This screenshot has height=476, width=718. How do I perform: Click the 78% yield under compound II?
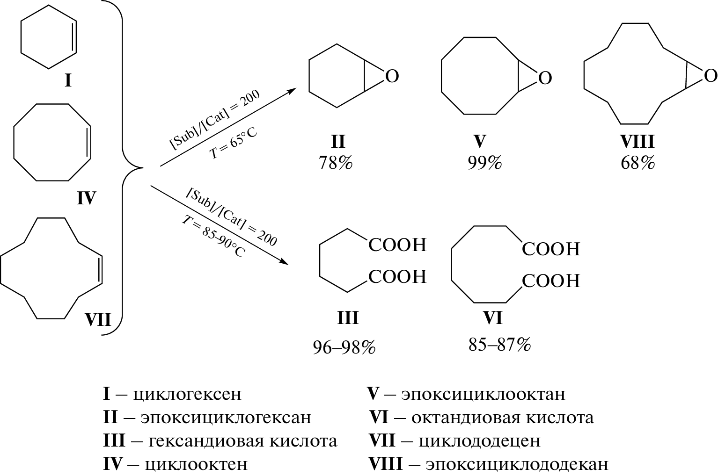(335, 163)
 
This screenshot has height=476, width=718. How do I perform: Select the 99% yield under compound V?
(484, 163)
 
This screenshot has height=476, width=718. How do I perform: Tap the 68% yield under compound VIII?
(637, 163)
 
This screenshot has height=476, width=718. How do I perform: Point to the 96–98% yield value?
(344, 347)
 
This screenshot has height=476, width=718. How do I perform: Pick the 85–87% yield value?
(499, 345)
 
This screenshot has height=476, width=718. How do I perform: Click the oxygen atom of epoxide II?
(392, 77)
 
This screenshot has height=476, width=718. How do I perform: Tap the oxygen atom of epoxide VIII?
(710, 76)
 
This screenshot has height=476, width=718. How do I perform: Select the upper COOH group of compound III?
(397, 245)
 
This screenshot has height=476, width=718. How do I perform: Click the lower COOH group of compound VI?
(550, 281)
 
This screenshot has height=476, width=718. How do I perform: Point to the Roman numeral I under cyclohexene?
(68, 81)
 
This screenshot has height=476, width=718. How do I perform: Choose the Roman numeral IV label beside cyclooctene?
(86, 199)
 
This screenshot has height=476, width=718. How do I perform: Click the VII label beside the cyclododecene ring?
(98, 320)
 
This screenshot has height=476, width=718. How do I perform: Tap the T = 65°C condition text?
(233, 143)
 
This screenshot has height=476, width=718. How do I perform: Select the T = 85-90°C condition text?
(213, 237)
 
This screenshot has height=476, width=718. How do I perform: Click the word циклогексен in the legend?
(187, 394)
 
